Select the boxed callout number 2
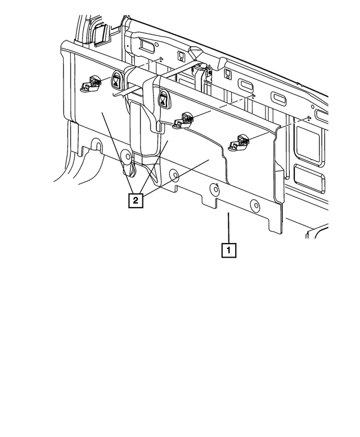click(x=135, y=200)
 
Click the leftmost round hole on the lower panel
click(x=129, y=156)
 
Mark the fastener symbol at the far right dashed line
click(x=309, y=118)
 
